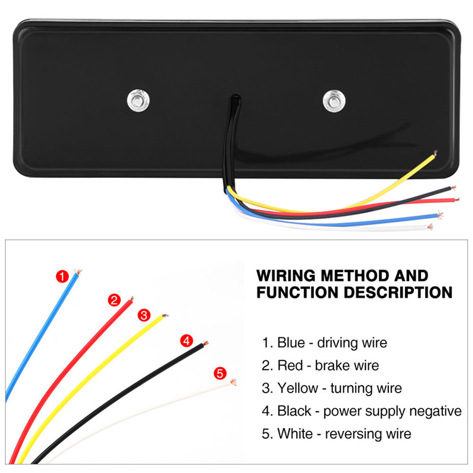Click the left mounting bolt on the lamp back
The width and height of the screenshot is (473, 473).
138,101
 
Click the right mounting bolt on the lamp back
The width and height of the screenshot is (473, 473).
334,101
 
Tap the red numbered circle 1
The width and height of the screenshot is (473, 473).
63,276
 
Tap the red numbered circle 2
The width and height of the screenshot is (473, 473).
114,300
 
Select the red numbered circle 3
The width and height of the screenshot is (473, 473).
144,315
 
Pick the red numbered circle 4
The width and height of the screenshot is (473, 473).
186,341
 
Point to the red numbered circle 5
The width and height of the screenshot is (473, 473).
220,373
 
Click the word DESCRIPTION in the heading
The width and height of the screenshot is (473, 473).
398,292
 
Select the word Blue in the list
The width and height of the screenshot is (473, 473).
291,343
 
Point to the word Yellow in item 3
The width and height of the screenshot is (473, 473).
298,388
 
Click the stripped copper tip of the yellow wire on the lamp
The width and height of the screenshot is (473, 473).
435,153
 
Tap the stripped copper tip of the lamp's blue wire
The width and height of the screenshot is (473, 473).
440,215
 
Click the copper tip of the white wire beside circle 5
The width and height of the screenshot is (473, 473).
233,382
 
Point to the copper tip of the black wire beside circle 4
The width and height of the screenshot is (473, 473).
205,344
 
